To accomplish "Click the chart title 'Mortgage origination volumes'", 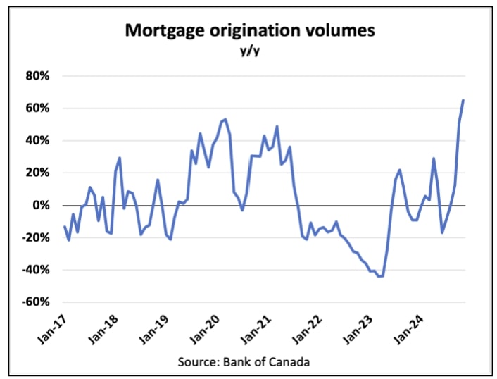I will [x=250, y=30].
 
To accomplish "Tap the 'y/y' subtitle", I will [x=249, y=51].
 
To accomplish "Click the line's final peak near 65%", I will [x=463, y=100].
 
